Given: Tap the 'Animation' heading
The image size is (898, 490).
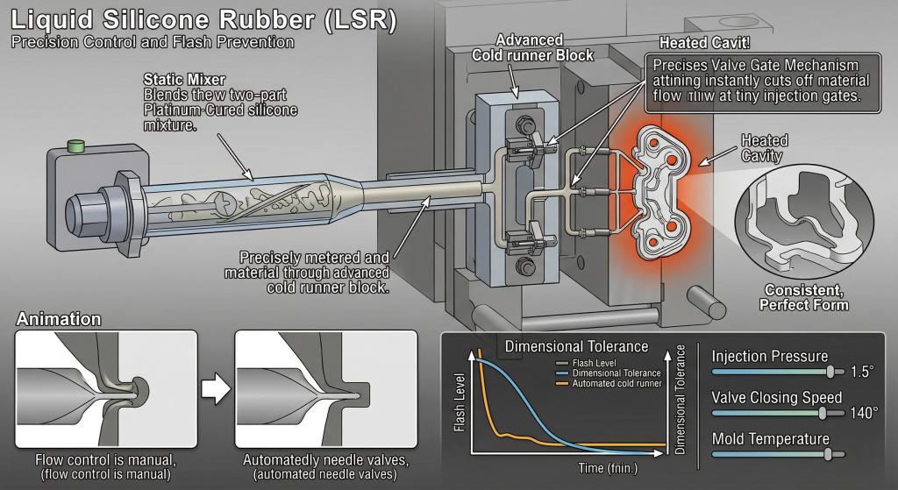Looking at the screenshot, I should point(60,319).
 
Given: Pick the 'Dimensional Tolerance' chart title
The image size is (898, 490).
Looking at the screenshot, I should point(576,346).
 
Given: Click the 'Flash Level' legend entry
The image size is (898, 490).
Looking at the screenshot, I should point(595,363).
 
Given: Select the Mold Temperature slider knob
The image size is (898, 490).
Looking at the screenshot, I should point(827,454).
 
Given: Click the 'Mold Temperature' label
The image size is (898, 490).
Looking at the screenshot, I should point(770,438).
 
